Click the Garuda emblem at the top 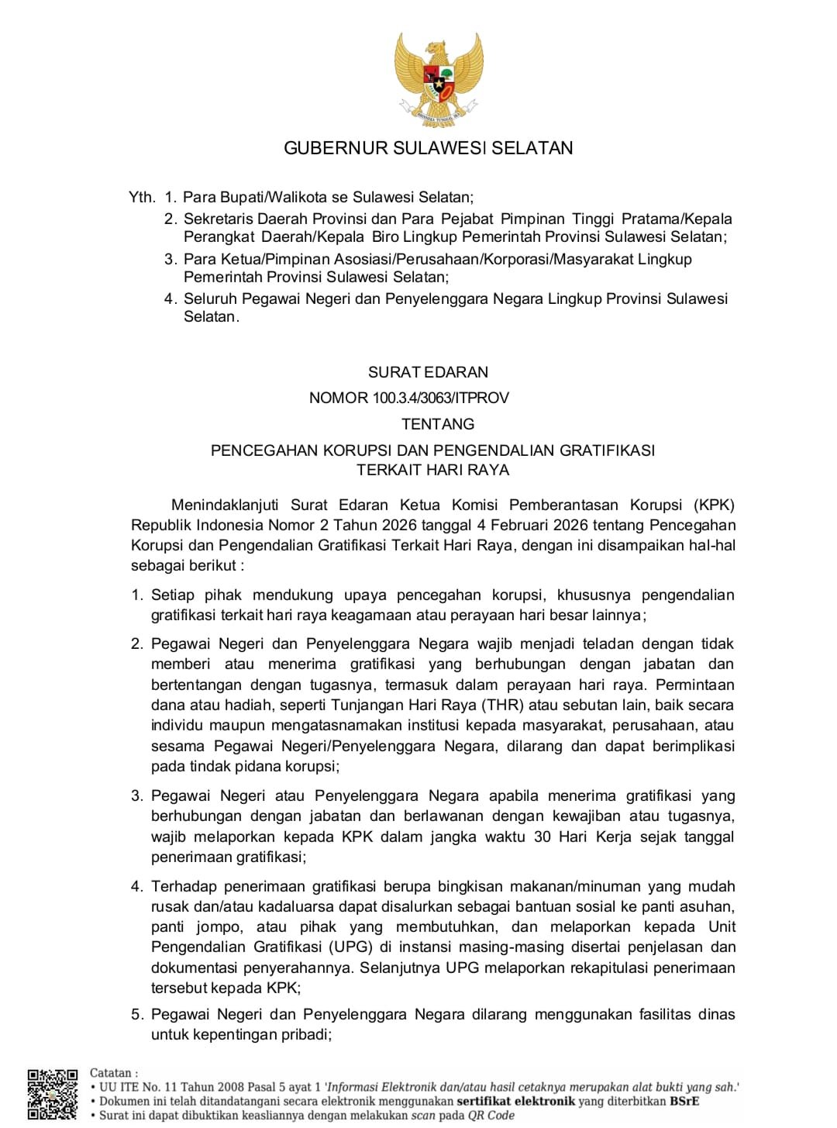coord(439,78)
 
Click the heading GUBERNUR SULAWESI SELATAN coord(428,148)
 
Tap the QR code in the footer coord(53,1094)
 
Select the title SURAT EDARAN coord(428,372)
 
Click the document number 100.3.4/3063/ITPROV coord(440,398)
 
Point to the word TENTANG coord(438,424)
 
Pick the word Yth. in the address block coord(143,197)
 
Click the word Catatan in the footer coord(111,1073)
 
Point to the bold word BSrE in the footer coord(684,1101)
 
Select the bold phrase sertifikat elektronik coord(516,1101)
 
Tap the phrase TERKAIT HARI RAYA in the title coord(432,470)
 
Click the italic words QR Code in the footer coord(491,1115)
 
